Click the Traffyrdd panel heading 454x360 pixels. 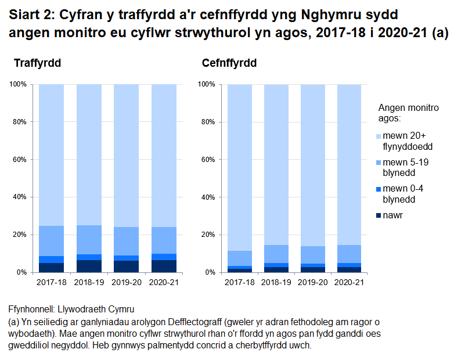point(37,63)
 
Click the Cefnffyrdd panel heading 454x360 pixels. point(229,63)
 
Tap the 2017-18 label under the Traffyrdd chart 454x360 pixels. point(51,283)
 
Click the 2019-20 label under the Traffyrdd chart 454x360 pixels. point(126,283)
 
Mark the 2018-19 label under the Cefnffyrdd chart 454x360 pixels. point(276,283)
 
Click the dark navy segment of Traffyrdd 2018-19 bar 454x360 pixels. point(88,266)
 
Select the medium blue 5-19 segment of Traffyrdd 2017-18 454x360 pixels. point(51,241)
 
